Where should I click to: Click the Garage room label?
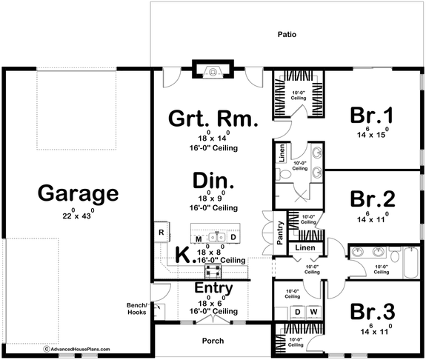click(78, 193)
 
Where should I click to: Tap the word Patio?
click(287, 34)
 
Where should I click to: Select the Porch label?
click(213, 341)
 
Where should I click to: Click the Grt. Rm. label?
click(213, 118)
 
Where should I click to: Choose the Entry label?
click(213, 287)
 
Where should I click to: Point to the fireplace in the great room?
click(213, 73)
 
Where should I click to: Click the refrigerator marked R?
click(161, 232)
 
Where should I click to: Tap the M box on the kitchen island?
click(199, 238)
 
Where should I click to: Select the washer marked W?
click(313, 311)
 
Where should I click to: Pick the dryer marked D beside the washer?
click(298, 311)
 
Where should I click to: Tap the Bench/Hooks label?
click(140, 310)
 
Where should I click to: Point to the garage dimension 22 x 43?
click(78, 215)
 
